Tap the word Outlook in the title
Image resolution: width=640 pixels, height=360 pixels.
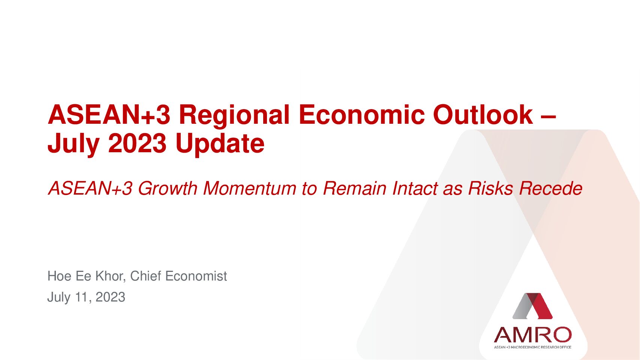click(x=483, y=114)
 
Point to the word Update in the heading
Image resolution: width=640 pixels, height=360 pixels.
click(x=220, y=144)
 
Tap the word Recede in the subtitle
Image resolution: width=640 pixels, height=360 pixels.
click(x=550, y=189)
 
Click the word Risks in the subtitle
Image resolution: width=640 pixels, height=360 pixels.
click(x=490, y=189)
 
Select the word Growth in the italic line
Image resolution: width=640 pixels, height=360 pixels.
click(x=168, y=189)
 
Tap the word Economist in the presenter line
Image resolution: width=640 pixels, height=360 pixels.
click(x=196, y=276)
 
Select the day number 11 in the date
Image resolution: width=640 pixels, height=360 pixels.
click(x=82, y=297)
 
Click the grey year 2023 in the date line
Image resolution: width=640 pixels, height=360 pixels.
click(x=110, y=297)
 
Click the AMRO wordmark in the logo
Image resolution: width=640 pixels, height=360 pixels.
click(x=532, y=335)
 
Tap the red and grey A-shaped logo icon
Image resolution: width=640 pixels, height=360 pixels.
click(x=532, y=306)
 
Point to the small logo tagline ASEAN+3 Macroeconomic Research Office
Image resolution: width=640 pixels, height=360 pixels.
click(x=532, y=347)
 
